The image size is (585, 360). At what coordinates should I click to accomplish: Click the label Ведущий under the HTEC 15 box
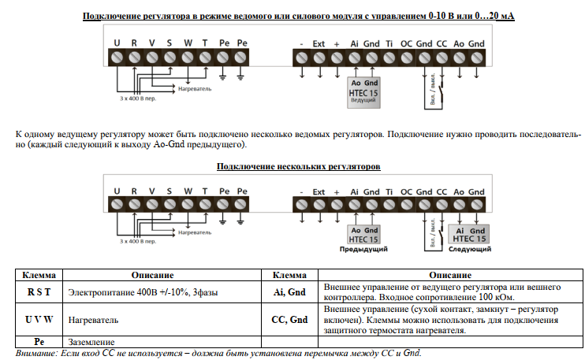click(x=363, y=102)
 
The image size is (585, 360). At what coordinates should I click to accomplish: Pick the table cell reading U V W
click(x=38, y=321)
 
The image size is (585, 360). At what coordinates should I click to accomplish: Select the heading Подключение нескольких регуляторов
click(x=298, y=167)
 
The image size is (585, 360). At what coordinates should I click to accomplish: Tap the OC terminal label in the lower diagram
click(x=406, y=191)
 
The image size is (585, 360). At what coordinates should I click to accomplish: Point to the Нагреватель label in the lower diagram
click(x=194, y=232)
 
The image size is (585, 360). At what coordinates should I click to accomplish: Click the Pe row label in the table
click(x=38, y=341)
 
